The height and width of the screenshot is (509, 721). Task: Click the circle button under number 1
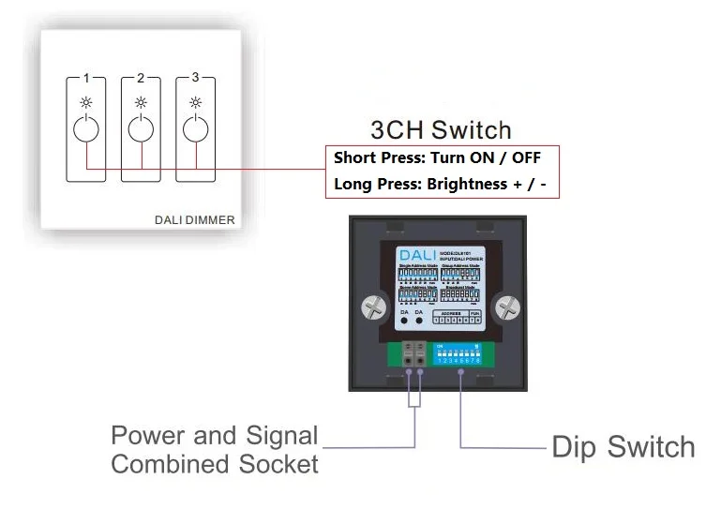[85, 129]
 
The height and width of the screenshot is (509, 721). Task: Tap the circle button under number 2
[141, 129]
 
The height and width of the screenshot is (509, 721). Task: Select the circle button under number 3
[195, 129]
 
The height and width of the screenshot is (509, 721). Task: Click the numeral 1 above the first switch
[85, 79]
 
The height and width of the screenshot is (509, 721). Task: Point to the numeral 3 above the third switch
[195, 78]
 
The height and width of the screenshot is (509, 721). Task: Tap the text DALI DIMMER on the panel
[194, 221]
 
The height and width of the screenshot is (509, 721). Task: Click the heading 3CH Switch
[441, 129]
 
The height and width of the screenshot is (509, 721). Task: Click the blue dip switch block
[459, 352]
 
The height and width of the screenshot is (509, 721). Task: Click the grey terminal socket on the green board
[413, 356]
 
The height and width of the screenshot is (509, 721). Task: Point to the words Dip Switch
[623, 447]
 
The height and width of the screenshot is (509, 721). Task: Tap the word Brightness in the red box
[465, 184]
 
